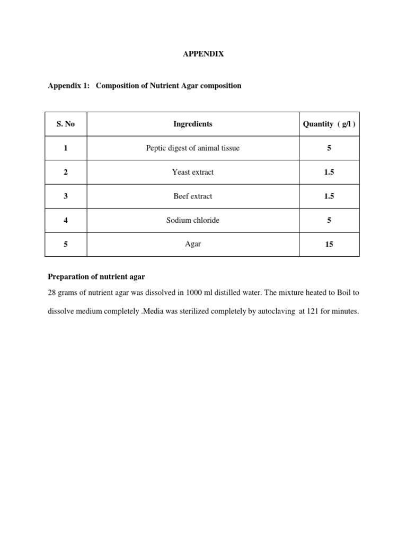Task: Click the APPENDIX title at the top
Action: point(203,54)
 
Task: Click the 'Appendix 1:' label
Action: point(68,85)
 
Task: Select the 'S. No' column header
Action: point(66,124)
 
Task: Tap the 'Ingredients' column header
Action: point(193,124)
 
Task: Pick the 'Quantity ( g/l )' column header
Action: point(329,124)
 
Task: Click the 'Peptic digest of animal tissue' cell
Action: point(193,148)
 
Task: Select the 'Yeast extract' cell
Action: point(193,172)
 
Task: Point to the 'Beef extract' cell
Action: point(193,196)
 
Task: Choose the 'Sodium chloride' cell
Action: point(193,220)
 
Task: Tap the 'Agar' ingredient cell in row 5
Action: point(193,244)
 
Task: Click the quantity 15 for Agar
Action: point(329,245)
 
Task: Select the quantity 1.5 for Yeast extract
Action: point(329,172)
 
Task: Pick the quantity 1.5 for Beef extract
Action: point(329,196)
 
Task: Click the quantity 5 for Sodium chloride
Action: point(329,220)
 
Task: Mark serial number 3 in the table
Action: point(66,196)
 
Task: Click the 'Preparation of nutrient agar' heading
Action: point(96,276)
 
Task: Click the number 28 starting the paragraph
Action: point(52,293)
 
